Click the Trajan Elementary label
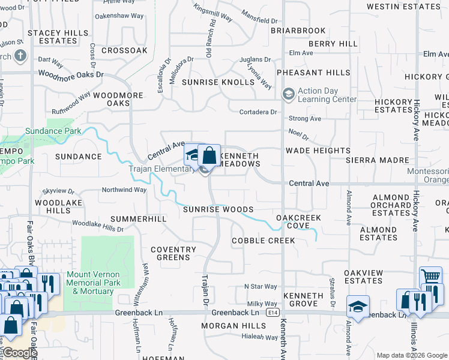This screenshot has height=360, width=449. point(162,169)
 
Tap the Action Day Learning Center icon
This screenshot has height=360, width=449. point(289,94)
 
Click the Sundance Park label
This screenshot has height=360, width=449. point(53,131)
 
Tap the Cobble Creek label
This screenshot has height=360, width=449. point(264,241)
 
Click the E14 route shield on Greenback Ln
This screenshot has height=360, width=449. point(274,313)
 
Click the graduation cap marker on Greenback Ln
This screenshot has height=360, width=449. point(358,307)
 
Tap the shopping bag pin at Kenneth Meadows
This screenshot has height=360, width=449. point(209,156)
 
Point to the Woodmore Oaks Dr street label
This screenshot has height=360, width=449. point(70,74)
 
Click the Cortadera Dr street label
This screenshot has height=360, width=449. point(258,112)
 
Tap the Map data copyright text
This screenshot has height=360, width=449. point(411,355)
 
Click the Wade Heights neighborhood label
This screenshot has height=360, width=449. point(318,151)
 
